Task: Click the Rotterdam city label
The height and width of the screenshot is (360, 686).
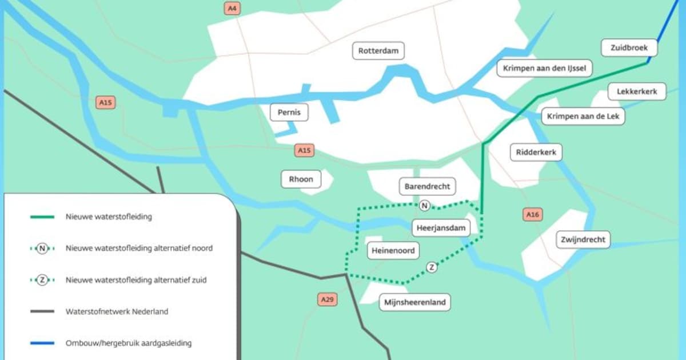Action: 378,51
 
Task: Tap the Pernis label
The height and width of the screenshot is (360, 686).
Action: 289,113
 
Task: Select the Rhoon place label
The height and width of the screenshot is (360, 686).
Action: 301,179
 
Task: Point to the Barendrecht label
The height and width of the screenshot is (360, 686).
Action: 428,186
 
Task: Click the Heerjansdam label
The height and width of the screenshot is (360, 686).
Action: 441,228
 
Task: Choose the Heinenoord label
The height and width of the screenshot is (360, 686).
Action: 393,250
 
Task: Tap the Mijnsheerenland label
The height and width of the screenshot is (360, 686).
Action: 415,302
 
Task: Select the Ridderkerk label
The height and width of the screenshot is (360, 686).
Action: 536,153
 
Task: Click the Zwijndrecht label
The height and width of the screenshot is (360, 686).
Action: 583,239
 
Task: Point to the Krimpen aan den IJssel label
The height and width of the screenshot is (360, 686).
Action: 544,69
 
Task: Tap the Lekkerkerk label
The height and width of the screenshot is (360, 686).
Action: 637,91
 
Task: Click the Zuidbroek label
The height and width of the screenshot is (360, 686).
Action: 629,48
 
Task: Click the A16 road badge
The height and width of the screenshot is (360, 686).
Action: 532,214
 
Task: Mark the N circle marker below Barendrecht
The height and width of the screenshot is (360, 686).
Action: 424,206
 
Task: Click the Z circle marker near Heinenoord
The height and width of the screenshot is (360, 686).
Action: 432,267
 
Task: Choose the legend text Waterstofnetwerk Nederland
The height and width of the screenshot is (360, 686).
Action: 117,312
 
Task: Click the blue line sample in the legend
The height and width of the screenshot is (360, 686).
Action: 42,343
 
